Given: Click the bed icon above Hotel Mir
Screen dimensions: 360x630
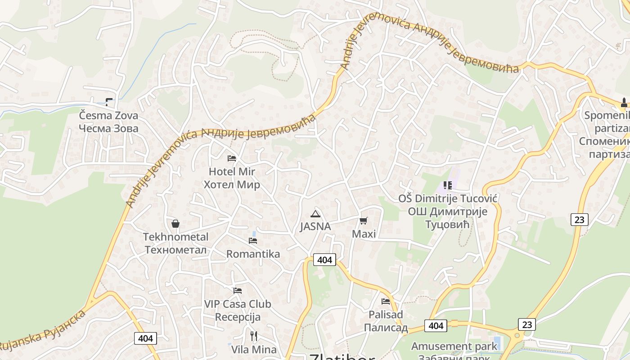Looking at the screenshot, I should coord(232,158).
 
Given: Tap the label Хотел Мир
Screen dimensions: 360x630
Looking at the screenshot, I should coord(232,185).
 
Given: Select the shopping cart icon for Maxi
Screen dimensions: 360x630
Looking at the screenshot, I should coord(363,220).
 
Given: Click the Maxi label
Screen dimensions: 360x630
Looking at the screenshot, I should coord(364,234).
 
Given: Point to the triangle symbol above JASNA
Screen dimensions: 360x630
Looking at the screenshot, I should coord(315,213).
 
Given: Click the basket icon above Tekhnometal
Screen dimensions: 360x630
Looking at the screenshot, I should coord(175,224).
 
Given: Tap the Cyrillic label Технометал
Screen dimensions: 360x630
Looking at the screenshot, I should coord(175,250).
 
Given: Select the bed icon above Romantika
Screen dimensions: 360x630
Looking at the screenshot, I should coord(253,241).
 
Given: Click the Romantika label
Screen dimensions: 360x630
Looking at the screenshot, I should coord(253,254).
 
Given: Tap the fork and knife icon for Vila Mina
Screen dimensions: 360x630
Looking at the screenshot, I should coord(254,336).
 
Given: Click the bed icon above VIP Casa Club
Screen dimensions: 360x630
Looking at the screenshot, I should coord(238,291).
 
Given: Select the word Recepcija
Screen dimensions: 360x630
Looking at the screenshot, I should coord(238,317).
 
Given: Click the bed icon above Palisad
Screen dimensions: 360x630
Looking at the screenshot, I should coord(386,301).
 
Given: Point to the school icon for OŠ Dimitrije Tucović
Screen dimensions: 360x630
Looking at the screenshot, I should coord(447,185).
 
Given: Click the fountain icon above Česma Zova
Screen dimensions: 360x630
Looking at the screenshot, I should coord(109,102).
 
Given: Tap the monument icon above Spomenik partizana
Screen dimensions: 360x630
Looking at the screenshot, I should coord(624,103).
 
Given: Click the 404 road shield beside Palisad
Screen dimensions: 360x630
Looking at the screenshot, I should coord(436,326).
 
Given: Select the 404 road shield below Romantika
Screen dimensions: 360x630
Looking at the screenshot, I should coord(324,260).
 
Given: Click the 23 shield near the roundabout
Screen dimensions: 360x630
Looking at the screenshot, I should coord(526,324).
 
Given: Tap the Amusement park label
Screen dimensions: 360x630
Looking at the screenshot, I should coord(454,346).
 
